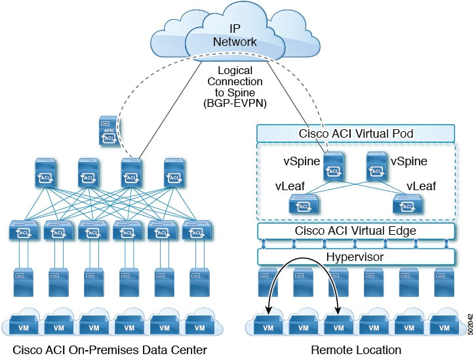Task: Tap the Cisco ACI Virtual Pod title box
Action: pyautogui.click(x=355, y=133)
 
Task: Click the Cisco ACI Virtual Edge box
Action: pyautogui.click(x=355, y=231)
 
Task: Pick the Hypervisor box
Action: pyautogui.click(x=355, y=257)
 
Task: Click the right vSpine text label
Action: pyautogui.click(x=408, y=160)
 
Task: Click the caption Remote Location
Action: pyautogui.click(x=355, y=350)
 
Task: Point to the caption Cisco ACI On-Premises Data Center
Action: pyautogui.click(x=110, y=350)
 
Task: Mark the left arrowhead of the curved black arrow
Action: pyautogui.click(x=270, y=313)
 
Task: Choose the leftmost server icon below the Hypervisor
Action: pyautogui.click(x=267, y=281)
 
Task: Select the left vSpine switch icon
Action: pyautogui.click(x=334, y=167)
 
